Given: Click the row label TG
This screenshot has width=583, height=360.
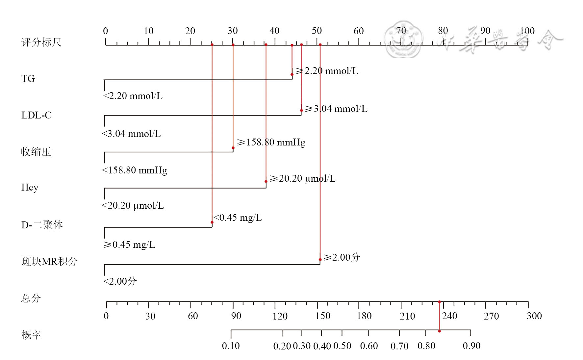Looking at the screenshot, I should [28, 79].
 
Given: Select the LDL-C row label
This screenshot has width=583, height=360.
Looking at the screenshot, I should [36, 115].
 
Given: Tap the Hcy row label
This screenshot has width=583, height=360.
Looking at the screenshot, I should [30, 188].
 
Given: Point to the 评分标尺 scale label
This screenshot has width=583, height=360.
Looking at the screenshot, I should [41, 42].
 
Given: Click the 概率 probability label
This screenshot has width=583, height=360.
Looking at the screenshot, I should [31, 335].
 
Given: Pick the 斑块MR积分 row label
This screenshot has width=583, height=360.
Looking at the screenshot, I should [49, 261].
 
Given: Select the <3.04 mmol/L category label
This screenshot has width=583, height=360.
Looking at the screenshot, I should [131, 134].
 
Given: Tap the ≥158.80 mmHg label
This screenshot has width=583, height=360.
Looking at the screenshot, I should [271, 142].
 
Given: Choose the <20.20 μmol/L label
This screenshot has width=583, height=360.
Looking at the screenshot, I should [133, 206].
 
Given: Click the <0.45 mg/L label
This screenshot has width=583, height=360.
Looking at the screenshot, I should [238, 218].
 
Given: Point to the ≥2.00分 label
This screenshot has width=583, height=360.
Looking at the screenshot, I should [342, 257].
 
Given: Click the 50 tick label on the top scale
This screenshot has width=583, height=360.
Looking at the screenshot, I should [317, 31].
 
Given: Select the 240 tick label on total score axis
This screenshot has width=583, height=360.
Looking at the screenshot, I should [449, 316].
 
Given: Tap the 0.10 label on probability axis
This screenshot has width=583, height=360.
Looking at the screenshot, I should [231, 346].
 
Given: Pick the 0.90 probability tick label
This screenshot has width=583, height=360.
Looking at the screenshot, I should [471, 346].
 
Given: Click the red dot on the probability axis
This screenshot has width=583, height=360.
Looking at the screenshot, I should [439, 331].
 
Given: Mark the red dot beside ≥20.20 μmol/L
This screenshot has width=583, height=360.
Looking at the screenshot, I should [266, 181].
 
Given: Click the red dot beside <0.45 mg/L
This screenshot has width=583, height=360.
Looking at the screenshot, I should [212, 222].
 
